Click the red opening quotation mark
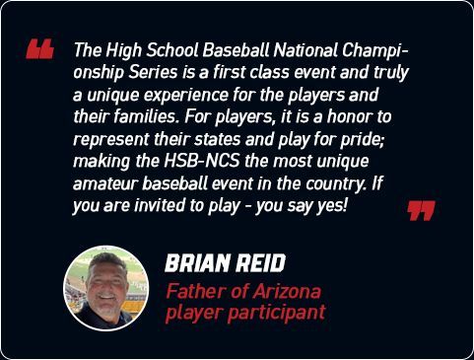pos(39,49)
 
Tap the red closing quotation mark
pos(421,211)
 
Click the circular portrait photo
pos(106,288)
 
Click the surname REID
pos(260,263)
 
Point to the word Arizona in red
pos(287,291)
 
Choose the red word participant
pos(277,313)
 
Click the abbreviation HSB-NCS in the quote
pos(201,162)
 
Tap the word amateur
pos(104,183)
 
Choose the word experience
pos(185,96)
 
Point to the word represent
pos(111,140)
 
